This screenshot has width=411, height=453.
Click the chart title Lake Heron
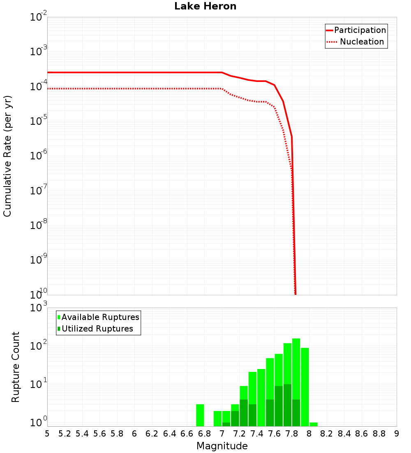click(x=205, y=6)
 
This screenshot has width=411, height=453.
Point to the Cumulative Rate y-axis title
click(x=7, y=156)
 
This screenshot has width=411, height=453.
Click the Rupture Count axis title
click(x=16, y=367)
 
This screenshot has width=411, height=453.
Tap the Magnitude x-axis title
click(x=222, y=446)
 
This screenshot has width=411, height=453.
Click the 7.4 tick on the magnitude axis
click(x=257, y=434)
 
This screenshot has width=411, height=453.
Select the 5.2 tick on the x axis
click(x=65, y=434)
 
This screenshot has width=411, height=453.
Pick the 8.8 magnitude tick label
click(x=379, y=434)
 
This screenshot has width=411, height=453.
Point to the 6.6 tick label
click(x=187, y=434)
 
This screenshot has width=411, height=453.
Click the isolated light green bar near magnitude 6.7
click(x=200, y=415)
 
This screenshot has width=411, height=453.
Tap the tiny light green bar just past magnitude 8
click(x=314, y=424)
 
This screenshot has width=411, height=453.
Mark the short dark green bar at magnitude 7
click(x=226, y=424)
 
